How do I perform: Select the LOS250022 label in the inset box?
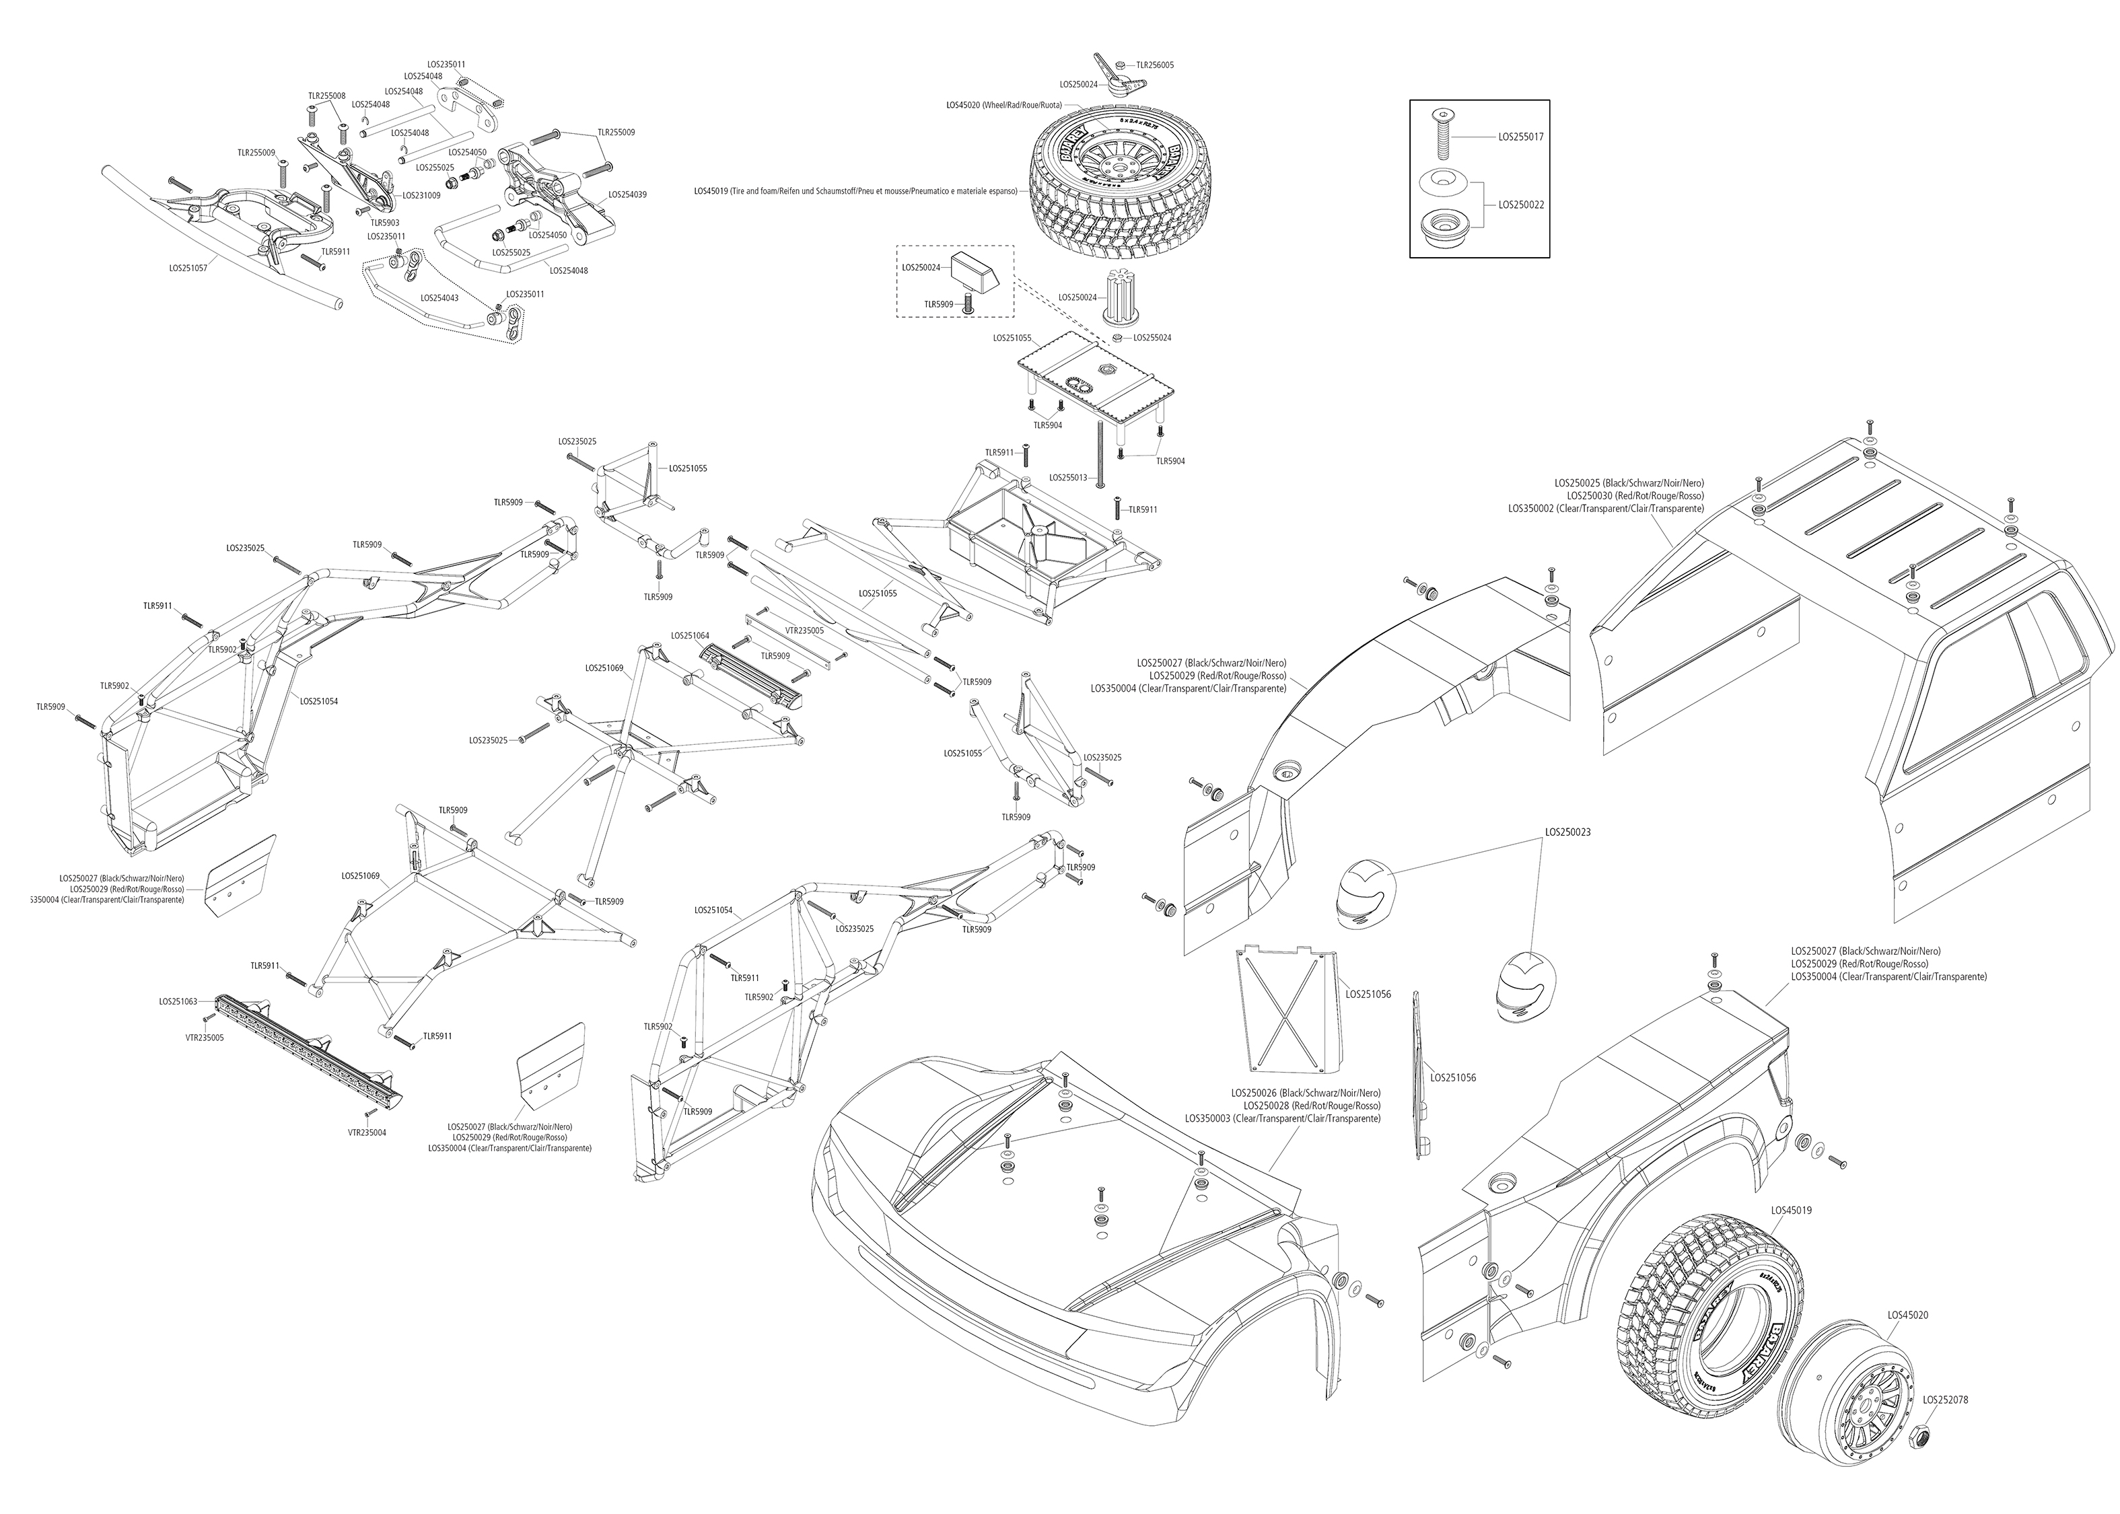point(1520,204)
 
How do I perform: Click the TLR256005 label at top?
point(1154,65)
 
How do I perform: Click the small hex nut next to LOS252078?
point(1919,1433)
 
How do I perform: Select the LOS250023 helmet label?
point(1567,832)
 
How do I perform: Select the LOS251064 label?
point(690,636)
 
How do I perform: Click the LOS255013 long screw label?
point(1067,477)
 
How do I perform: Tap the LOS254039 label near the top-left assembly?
point(627,195)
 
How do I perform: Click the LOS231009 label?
point(421,196)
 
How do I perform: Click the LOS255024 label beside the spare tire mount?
point(1152,338)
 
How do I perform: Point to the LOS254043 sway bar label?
point(439,298)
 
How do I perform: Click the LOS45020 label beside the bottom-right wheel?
point(1907,1315)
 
